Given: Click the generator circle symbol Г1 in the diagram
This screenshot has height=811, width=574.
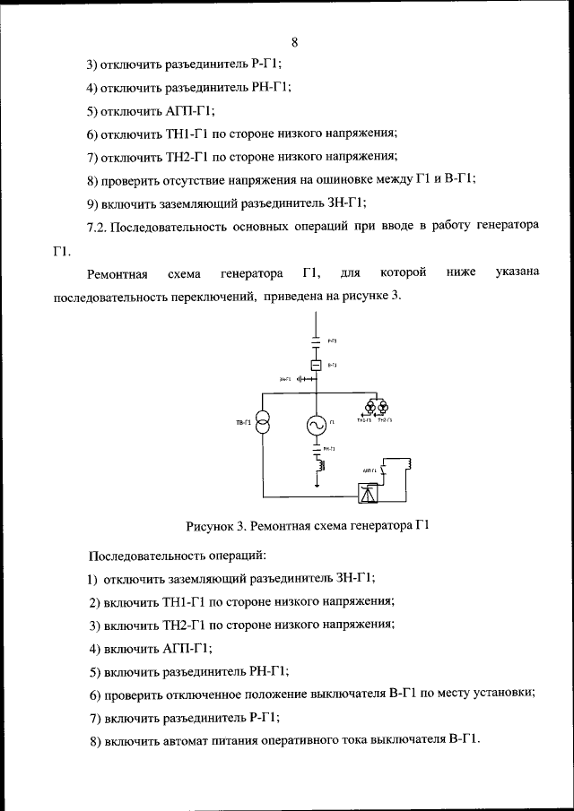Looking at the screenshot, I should click(317, 426).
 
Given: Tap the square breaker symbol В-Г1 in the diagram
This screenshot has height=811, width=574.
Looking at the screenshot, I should click(316, 366).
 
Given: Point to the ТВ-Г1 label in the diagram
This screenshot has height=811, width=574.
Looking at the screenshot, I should click(241, 422).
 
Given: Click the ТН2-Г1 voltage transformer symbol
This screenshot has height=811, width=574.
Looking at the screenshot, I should click(383, 407).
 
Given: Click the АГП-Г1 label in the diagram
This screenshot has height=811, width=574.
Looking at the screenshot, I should click(368, 470).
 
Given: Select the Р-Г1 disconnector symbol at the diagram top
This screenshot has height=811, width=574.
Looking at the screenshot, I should click(316, 342).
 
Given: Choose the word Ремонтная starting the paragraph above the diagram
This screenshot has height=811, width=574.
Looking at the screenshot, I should click(117, 272).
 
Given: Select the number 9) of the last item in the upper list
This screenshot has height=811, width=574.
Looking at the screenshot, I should click(92, 202).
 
